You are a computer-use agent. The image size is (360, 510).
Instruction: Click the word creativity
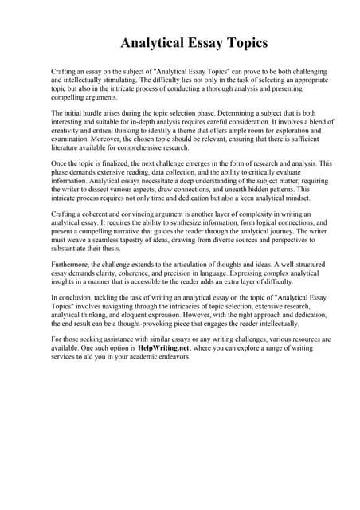[68, 131]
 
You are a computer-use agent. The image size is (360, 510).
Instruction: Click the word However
[197, 316]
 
